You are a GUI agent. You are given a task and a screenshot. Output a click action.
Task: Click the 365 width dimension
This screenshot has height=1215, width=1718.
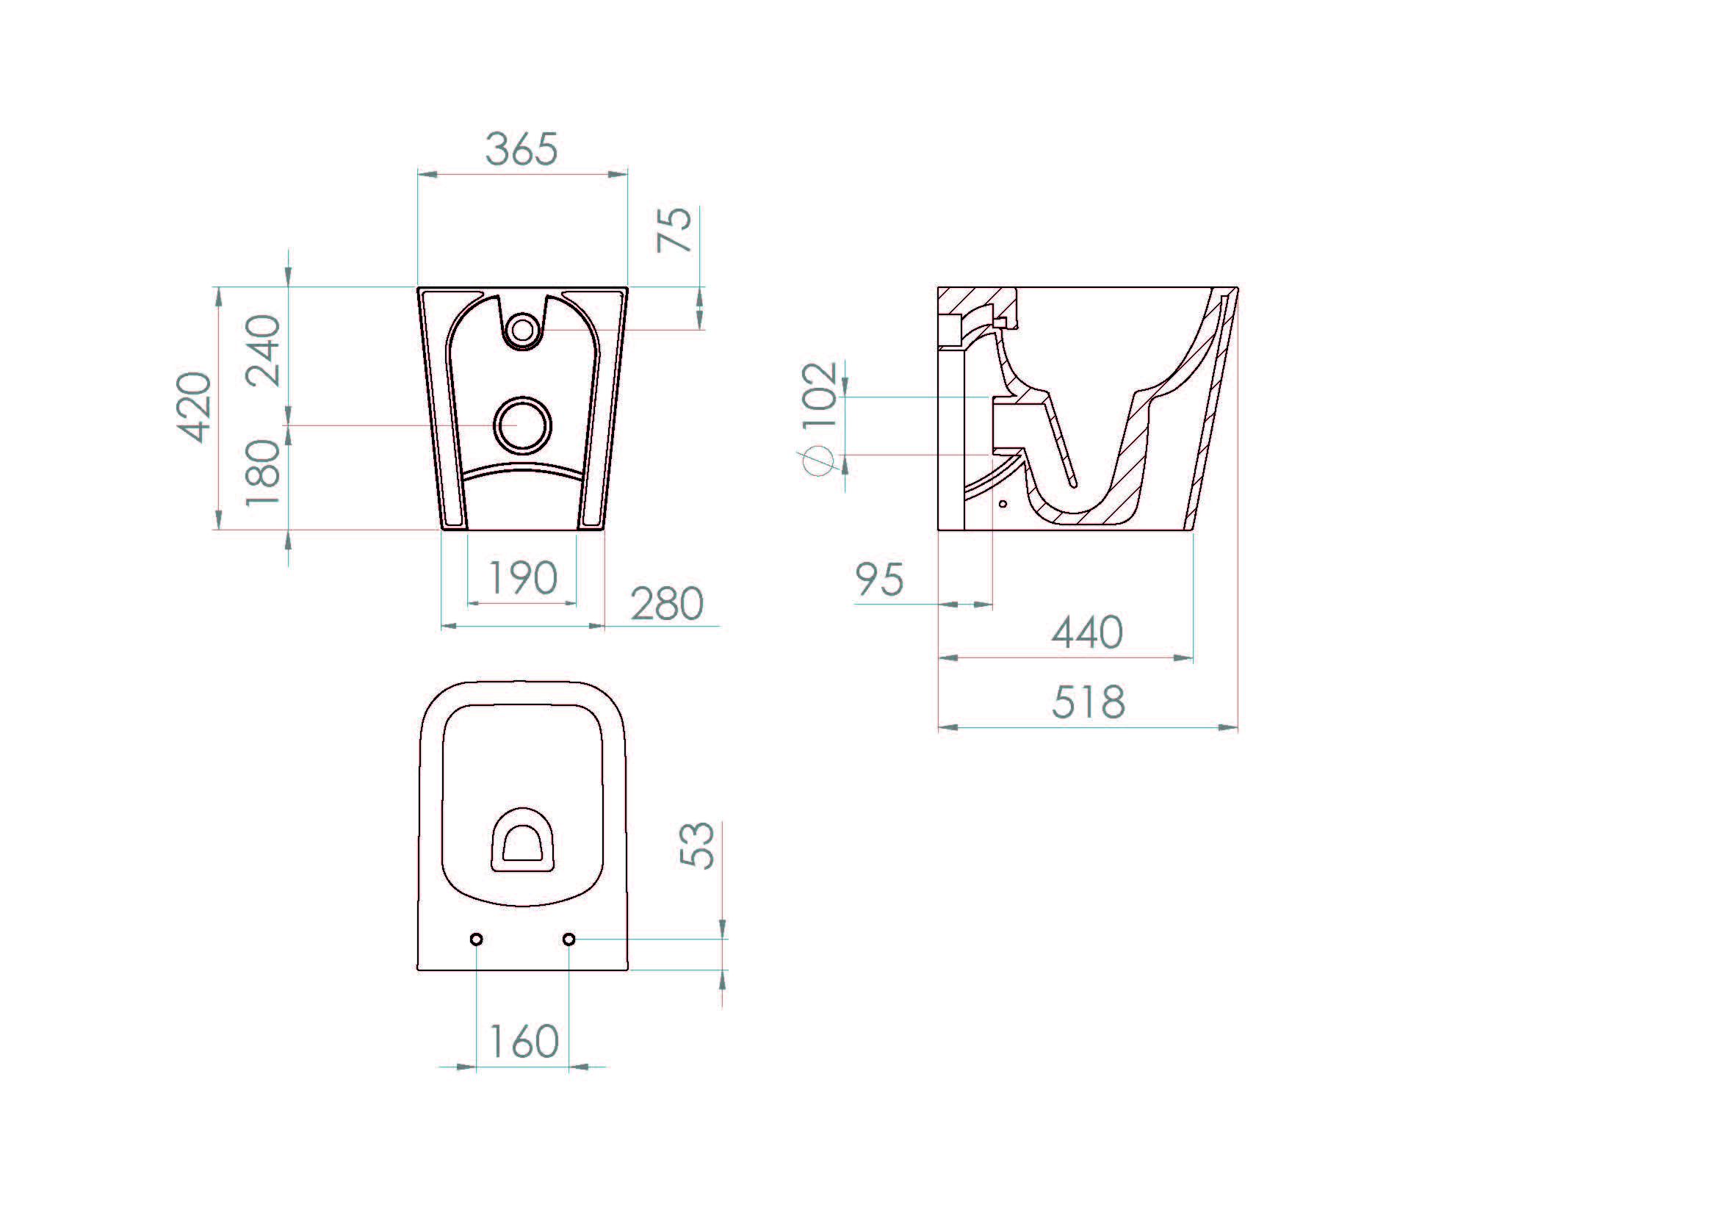click(x=521, y=149)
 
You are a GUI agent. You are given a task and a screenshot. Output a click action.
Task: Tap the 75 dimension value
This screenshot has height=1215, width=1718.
click(x=675, y=229)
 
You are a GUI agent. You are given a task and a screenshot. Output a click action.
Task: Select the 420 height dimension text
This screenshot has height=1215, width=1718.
click(x=194, y=407)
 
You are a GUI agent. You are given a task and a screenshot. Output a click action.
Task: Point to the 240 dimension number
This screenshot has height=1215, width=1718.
click(x=264, y=350)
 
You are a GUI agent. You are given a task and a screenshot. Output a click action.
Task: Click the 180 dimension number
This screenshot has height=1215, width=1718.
click(x=264, y=473)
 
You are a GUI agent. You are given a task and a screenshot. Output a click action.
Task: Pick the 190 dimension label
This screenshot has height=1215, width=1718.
click(x=522, y=577)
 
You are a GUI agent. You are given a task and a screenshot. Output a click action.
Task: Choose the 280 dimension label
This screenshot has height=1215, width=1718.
click(x=667, y=604)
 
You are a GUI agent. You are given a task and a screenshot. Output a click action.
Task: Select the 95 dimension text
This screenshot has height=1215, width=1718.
click(x=879, y=580)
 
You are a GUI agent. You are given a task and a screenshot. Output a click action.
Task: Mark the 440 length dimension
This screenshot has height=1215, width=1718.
click(x=1087, y=633)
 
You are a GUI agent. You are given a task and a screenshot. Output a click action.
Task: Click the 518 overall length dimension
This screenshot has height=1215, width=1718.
click(x=1088, y=702)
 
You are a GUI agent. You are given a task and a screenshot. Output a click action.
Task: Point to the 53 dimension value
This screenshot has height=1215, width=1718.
click(x=697, y=846)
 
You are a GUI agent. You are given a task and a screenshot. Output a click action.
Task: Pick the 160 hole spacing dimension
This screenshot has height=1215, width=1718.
click(x=523, y=1042)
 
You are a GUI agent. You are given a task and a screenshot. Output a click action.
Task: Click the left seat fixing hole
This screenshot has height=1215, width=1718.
click(x=477, y=939)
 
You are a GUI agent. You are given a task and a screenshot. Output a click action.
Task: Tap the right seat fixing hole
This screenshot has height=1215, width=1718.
click(x=569, y=939)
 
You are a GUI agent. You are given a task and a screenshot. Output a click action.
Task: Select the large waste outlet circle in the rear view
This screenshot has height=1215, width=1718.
click(x=522, y=425)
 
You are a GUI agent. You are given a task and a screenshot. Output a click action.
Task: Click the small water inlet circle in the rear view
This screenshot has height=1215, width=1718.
click(x=522, y=330)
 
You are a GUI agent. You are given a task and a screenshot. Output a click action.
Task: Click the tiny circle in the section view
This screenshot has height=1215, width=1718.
click(x=1003, y=504)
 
